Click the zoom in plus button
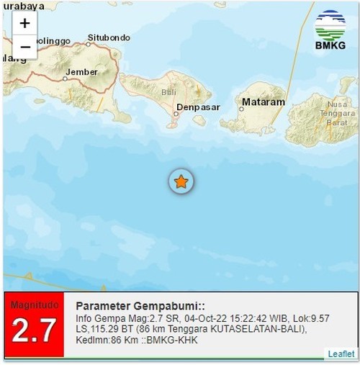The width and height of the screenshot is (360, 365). (24, 22)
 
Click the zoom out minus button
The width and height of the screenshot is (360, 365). (24, 47)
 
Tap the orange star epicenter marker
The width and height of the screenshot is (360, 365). (181, 182)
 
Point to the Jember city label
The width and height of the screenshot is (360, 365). (81, 72)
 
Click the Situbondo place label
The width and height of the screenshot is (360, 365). (108, 37)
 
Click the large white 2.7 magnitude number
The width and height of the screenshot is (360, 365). (33, 331)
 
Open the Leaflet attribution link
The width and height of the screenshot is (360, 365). (341, 353)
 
